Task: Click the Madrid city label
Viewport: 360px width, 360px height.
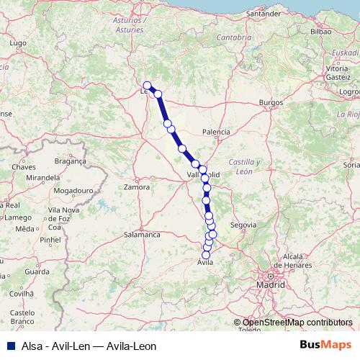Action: click(x=271, y=285)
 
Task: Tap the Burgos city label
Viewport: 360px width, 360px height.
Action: click(x=271, y=103)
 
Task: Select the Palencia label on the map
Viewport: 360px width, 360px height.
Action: click(x=216, y=132)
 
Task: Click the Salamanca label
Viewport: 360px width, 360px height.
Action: click(x=142, y=235)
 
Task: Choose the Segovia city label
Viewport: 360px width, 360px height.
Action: click(x=242, y=225)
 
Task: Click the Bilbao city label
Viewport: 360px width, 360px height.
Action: click(x=320, y=32)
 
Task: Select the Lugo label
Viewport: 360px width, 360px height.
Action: click(x=20, y=44)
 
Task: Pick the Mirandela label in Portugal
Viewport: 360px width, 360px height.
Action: click(x=40, y=177)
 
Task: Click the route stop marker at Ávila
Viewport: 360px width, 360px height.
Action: click(x=206, y=255)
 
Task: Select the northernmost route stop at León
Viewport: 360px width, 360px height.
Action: click(x=147, y=85)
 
